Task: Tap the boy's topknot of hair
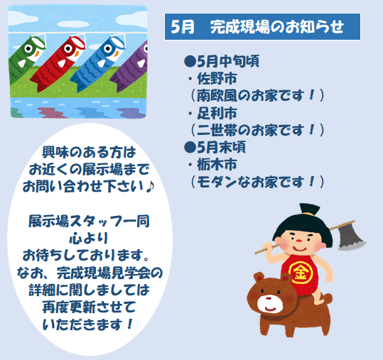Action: coord(310,209)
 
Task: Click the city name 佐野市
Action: coord(217,79)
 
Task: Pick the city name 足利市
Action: coord(217,113)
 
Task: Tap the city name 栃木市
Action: coord(217,165)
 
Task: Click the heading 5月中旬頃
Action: coord(222,61)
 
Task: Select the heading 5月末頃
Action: coord(215,147)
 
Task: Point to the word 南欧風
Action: coord(217,95)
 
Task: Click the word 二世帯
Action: coord(217,130)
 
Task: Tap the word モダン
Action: coord(217,182)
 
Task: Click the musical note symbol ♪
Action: coord(150,187)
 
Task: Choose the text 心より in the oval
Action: coord(89,238)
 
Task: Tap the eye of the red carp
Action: coord(68,48)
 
